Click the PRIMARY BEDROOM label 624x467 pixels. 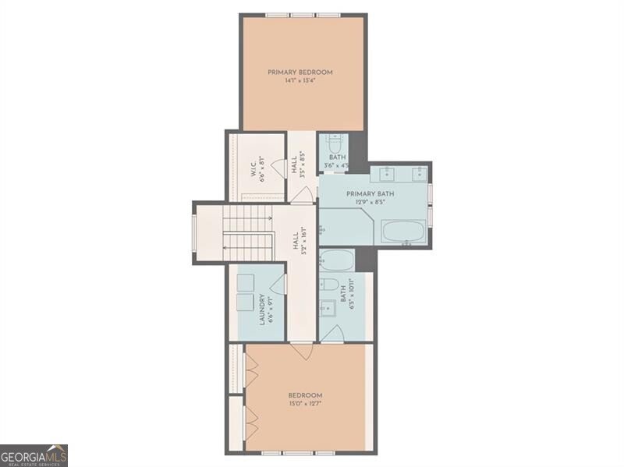(300, 73)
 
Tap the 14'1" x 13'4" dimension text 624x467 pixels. (300, 81)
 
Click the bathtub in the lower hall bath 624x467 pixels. (337, 260)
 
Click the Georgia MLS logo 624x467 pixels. (34, 455)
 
